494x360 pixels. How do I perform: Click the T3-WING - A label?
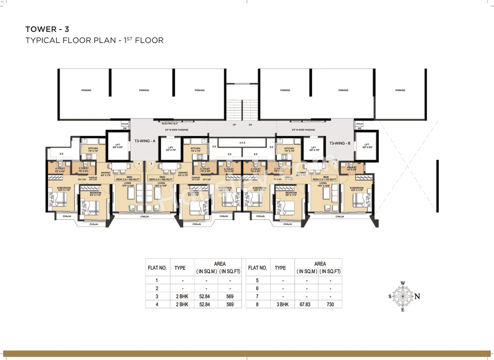coord(144,141)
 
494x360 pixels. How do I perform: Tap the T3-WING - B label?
coord(340,143)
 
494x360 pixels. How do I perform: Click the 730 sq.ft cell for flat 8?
coord(330,304)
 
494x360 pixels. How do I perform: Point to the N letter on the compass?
coord(417,296)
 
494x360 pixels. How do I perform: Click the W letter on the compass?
coord(403,283)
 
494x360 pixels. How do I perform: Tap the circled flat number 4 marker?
coord(139,164)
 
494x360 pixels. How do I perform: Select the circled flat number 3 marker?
coord(152,164)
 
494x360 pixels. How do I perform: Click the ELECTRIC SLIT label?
coord(169,123)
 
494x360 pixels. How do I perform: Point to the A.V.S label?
coord(242,143)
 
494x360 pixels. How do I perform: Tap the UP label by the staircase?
coord(234,125)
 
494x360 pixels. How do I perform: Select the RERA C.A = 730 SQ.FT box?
coord(325,179)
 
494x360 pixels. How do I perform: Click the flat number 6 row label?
coord(257,288)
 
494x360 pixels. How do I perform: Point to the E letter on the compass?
coord(403,310)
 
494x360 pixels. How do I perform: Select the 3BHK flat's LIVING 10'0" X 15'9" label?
coord(323,184)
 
